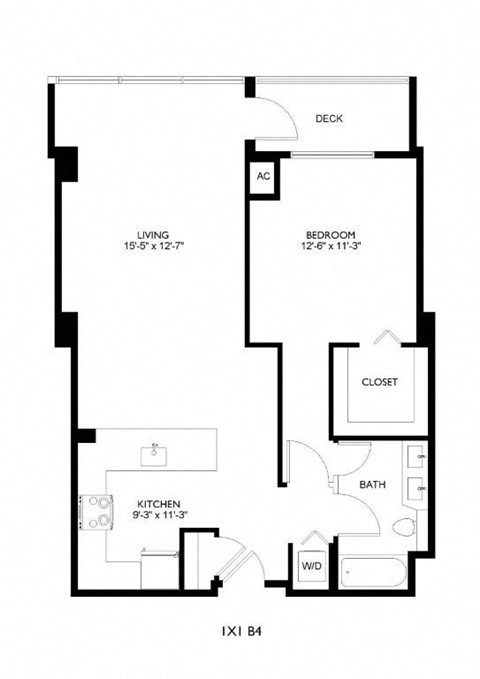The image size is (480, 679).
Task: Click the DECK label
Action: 329,119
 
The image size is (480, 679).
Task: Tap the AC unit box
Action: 263,176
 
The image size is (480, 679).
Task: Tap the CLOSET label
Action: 379,383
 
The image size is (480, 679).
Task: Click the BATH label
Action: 373,485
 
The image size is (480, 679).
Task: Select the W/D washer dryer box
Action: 311,566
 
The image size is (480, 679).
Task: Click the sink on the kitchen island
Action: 155,456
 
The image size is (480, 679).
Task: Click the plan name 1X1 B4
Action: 240,632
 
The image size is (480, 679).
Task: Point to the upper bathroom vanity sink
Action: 421,459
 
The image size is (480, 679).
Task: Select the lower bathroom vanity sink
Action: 421,489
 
